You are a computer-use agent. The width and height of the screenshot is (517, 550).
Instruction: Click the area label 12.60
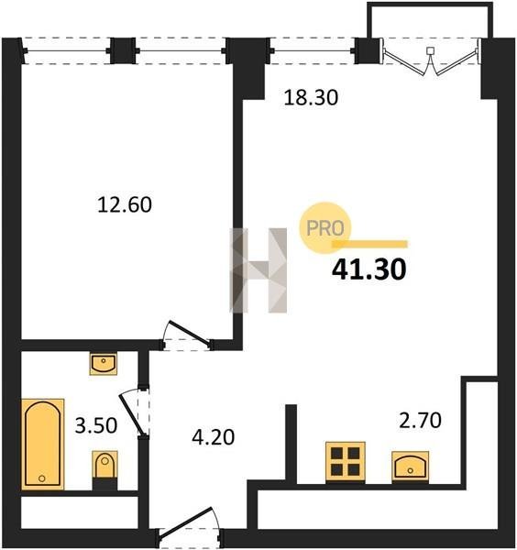[125, 204]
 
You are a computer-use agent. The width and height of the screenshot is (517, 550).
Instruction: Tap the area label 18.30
[311, 97]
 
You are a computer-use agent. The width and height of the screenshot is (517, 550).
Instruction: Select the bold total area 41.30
[369, 269]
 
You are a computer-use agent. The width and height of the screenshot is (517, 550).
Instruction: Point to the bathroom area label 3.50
[96, 426]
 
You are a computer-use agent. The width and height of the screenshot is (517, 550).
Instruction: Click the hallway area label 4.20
[214, 437]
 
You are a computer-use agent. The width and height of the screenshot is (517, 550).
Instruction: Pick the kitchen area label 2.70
[420, 421]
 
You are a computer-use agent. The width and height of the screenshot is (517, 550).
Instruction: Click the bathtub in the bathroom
[43, 444]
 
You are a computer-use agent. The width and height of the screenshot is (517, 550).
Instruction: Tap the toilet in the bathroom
[104, 470]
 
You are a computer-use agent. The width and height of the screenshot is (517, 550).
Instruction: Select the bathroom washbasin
[103, 364]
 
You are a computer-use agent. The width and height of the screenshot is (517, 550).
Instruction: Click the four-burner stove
[346, 462]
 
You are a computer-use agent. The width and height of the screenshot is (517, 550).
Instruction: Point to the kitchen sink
[411, 466]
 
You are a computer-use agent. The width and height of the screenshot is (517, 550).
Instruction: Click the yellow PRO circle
[325, 228]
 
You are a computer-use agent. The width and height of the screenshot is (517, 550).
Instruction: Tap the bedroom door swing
[188, 335]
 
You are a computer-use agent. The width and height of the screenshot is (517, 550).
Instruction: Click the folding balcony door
[431, 58]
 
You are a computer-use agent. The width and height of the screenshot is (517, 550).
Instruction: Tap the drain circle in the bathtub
[42, 478]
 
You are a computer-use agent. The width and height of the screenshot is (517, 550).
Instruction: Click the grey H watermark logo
[258, 270]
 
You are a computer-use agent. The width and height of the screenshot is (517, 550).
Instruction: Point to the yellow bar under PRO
[370, 244]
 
